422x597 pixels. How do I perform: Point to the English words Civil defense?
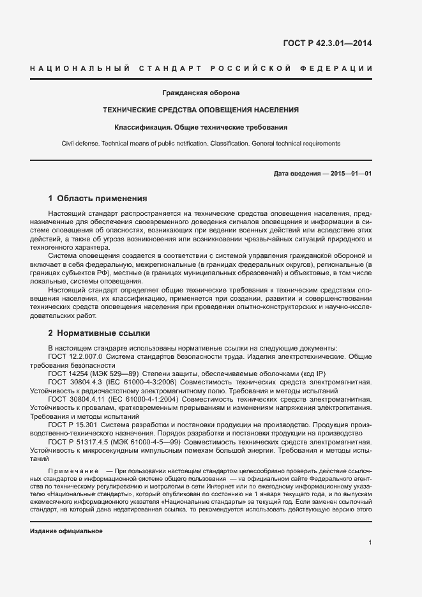click(x=80, y=144)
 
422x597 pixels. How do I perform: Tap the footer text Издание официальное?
click(x=66, y=531)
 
